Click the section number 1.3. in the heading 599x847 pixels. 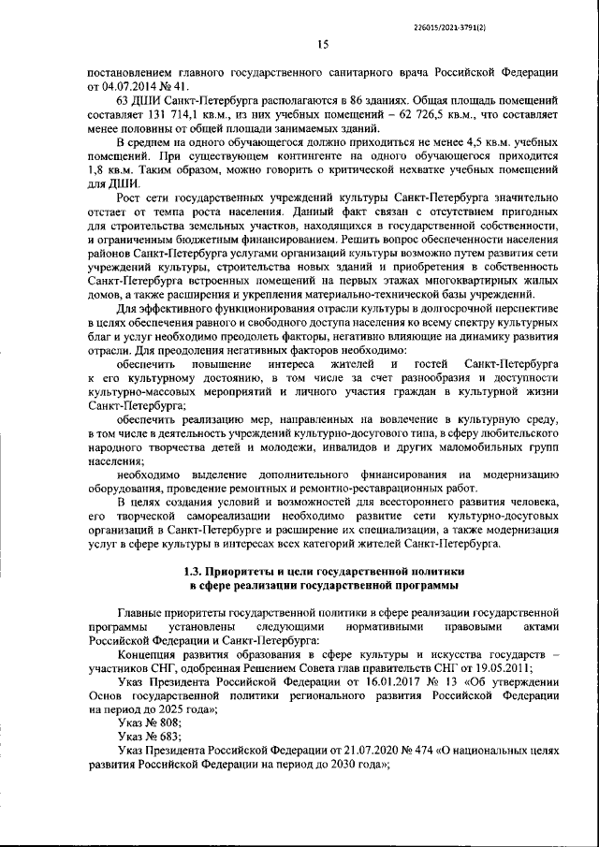(x=196, y=570)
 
